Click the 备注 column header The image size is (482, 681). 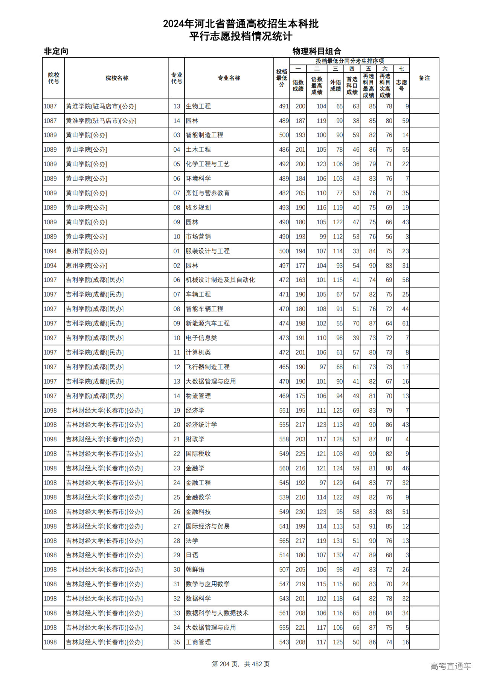point(424,78)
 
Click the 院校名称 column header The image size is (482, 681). point(117,78)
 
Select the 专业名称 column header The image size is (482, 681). point(229,78)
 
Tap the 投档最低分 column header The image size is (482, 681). point(281,78)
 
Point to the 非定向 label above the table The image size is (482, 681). point(56,51)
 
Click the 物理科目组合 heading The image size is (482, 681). point(317,51)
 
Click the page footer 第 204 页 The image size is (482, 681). point(226,664)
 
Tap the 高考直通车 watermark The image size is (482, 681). point(450,666)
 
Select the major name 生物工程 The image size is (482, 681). point(198,106)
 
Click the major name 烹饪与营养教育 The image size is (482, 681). point(207,193)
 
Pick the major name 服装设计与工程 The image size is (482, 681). point(207,251)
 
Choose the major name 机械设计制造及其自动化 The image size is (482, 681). point(220,280)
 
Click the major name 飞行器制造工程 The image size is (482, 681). point(207,367)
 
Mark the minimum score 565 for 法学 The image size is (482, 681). point(284,541)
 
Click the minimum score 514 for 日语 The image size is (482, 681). point(284,555)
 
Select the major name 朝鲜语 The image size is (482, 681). point(195,570)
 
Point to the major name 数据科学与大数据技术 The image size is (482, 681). point(217,613)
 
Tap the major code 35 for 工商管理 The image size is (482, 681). point(177,642)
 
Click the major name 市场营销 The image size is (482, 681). point(198,237)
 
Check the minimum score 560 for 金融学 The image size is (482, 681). point(284,468)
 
